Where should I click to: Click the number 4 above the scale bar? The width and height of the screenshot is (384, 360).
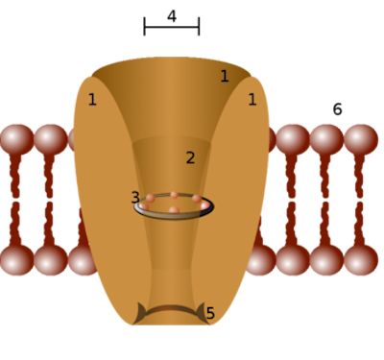coord(172,16)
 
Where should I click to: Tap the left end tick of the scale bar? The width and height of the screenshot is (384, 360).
coord(145,26)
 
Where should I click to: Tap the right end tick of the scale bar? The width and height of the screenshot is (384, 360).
coord(199,26)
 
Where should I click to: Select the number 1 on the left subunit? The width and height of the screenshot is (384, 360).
coord(92,100)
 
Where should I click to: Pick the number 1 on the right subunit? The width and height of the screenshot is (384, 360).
coord(252,100)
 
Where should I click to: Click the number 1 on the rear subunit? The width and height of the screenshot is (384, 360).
coord(225,76)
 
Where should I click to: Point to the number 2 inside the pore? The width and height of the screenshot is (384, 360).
coord(190,157)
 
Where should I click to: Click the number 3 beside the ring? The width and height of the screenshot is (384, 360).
coord(135,198)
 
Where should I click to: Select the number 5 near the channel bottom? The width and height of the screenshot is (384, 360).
coord(210,313)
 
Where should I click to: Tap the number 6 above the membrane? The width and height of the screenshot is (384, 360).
coord(337,109)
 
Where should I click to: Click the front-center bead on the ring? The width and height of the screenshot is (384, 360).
coord(174,210)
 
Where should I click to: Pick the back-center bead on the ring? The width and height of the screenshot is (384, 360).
coord(174,195)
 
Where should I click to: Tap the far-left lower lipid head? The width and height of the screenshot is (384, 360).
coord(16,260)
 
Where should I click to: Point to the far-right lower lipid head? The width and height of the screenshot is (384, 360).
coord(361,260)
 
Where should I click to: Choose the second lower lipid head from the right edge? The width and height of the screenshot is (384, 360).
coord(326,260)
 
